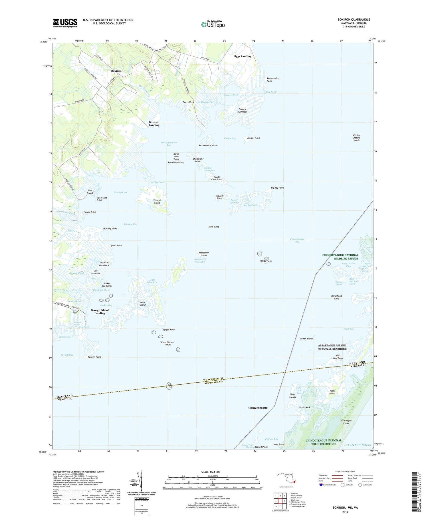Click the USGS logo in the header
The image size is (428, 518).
pos(65,23)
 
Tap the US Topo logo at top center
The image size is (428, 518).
pos(213,24)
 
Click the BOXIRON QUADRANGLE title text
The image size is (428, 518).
pos(354,19)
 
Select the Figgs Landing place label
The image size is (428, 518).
pos(242,56)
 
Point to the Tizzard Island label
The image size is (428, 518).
pos(157,201)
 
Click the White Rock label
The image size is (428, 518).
pos(266,261)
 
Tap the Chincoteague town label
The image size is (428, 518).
pos(258,408)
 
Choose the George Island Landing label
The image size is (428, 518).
pos(100,311)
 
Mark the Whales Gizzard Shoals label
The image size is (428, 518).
pos(356,138)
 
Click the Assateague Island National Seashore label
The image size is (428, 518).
pos(332,347)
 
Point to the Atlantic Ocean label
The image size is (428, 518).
pos(358,445)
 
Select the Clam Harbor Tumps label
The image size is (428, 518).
pos(167,343)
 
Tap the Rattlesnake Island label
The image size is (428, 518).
pos(208,145)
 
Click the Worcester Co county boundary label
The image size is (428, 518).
pos(213,379)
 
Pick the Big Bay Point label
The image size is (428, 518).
pos(277,188)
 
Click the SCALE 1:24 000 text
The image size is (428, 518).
pos(211,472)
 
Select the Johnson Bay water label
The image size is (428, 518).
pos(130,224)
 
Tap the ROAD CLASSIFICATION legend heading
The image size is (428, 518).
pos(345,471)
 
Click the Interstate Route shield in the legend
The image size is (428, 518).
pos(321,485)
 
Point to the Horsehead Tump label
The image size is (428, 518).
pos(336,297)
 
